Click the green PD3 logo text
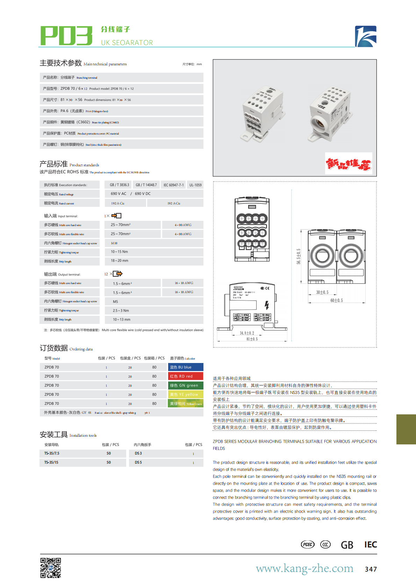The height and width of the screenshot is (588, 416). click(x=66, y=36)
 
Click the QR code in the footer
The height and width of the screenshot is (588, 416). click(x=51, y=568)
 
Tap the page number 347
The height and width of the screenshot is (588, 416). click(x=371, y=569)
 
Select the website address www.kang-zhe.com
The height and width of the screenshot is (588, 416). click(x=304, y=568)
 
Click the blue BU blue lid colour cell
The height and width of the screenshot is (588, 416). click(x=186, y=367)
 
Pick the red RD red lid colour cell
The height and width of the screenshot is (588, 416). click(x=186, y=376)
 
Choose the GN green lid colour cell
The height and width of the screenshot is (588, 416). click(x=186, y=385)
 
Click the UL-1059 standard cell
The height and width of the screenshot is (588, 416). click(x=195, y=185)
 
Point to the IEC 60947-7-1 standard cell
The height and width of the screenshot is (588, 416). click(x=173, y=185)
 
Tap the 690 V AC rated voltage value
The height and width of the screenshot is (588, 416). click(x=119, y=194)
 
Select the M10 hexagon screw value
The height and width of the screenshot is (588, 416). click(x=114, y=243)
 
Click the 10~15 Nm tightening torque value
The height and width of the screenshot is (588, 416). click(x=119, y=252)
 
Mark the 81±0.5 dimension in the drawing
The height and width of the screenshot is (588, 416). click(x=252, y=339)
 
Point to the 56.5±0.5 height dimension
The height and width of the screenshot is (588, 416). click(x=299, y=256)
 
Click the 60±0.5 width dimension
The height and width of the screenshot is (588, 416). click(x=337, y=300)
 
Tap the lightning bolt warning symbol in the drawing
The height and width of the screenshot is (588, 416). click(x=267, y=305)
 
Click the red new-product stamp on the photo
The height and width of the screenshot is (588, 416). click(x=349, y=163)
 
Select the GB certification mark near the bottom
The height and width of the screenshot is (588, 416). click(x=347, y=545)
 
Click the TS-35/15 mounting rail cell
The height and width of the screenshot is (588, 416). click(x=51, y=462)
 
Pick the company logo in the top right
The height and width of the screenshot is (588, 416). click(x=366, y=36)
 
